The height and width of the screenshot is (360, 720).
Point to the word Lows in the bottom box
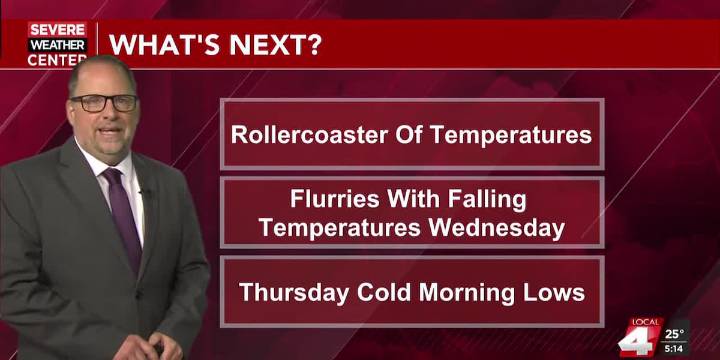click(557, 293)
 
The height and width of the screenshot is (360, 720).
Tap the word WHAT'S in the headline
click(159, 45)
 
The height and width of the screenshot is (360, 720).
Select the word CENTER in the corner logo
click(57, 60)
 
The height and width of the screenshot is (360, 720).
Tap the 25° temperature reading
click(675, 334)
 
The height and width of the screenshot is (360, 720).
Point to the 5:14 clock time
click(675, 349)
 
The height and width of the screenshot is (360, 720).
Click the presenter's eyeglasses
click(105, 102)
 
